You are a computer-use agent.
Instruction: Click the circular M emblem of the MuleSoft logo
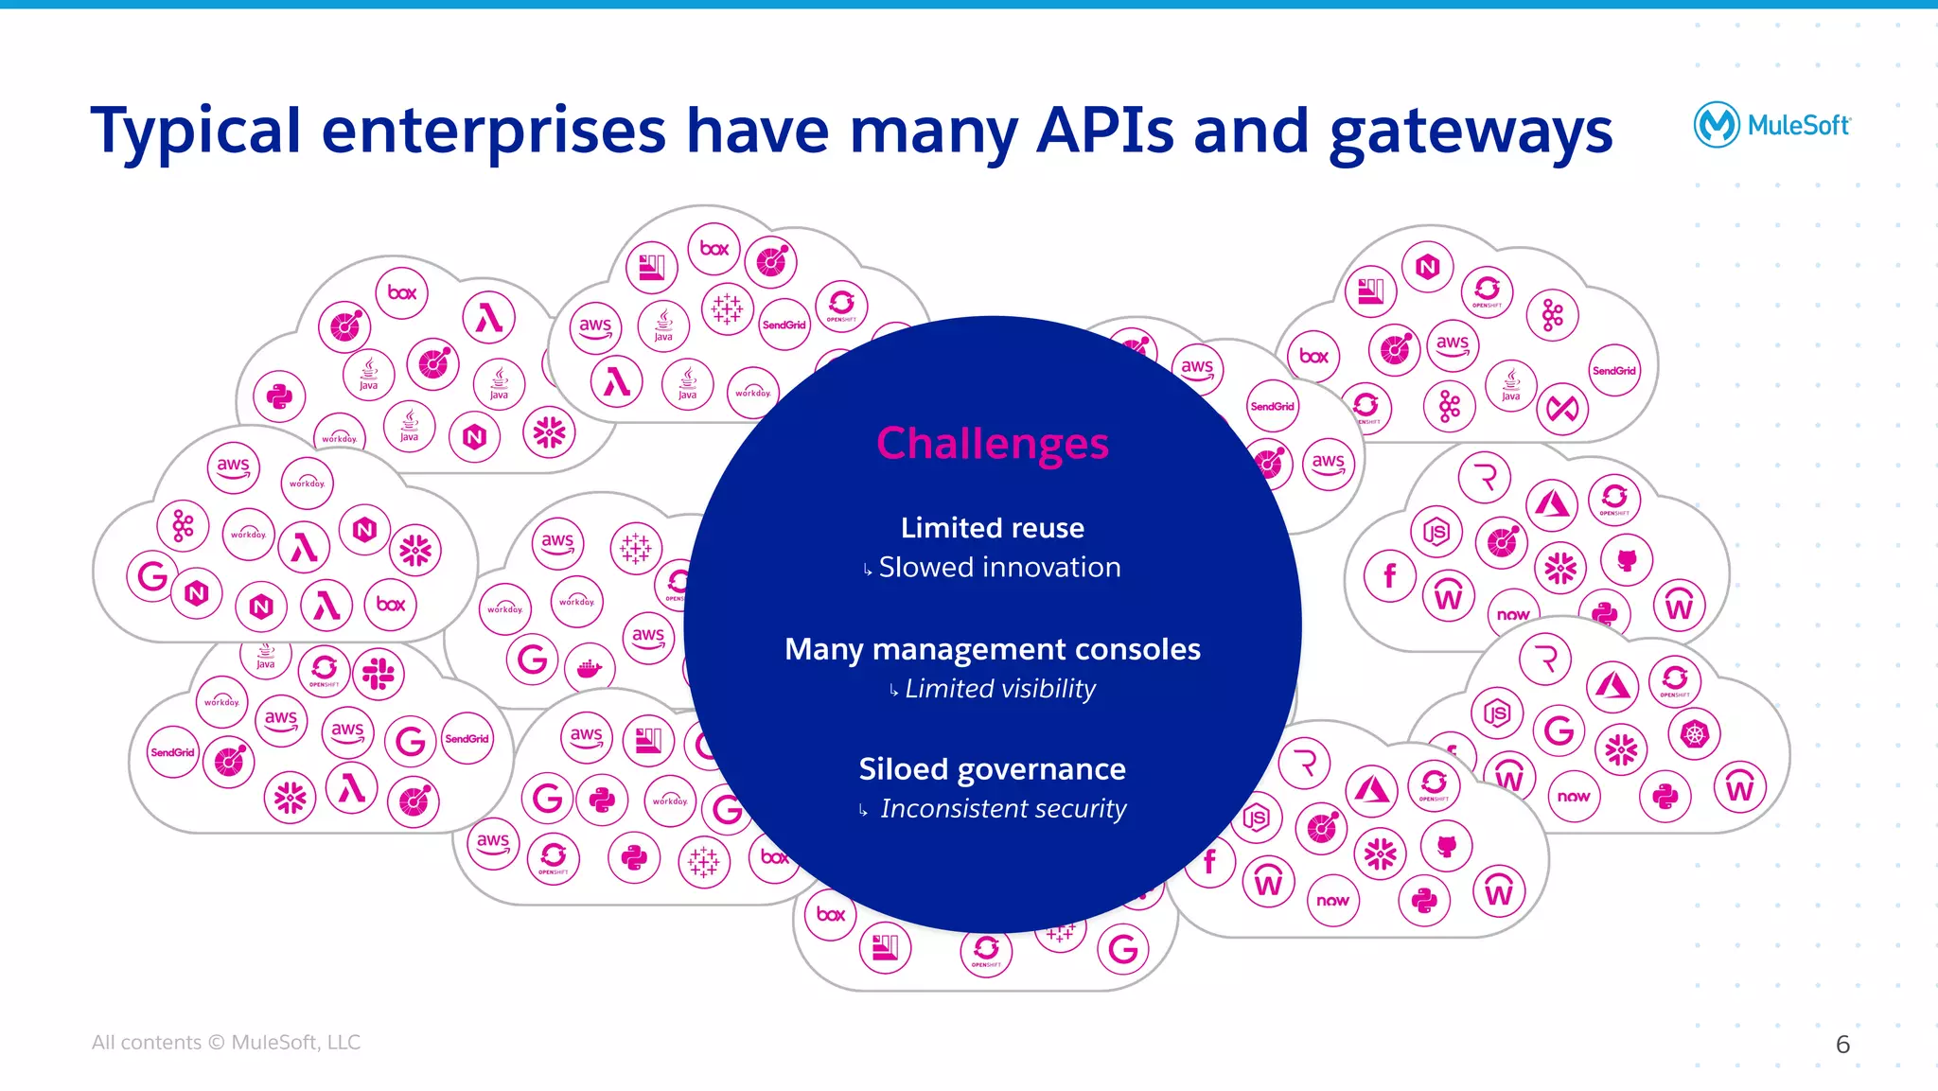(1716, 125)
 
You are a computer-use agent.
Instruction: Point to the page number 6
(1842, 1045)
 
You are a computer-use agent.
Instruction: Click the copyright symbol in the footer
(216, 1043)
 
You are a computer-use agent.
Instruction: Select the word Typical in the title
(195, 131)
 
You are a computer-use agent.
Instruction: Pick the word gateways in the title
(1471, 131)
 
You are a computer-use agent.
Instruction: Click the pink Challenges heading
(992, 444)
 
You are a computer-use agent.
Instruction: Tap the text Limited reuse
(992, 528)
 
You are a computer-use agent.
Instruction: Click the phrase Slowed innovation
(999, 568)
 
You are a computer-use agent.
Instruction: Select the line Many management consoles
(992, 650)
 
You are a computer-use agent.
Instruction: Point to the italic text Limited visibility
(999, 689)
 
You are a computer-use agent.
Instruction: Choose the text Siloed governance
(992, 769)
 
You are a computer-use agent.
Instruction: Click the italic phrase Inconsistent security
(1003, 809)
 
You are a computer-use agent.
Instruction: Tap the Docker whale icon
(590, 669)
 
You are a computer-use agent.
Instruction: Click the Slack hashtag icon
(379, 674)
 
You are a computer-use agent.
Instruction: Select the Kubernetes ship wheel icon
(1694, 734)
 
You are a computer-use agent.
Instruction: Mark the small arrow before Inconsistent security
(863, 811)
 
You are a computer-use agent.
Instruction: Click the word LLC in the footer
(344, 1043)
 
